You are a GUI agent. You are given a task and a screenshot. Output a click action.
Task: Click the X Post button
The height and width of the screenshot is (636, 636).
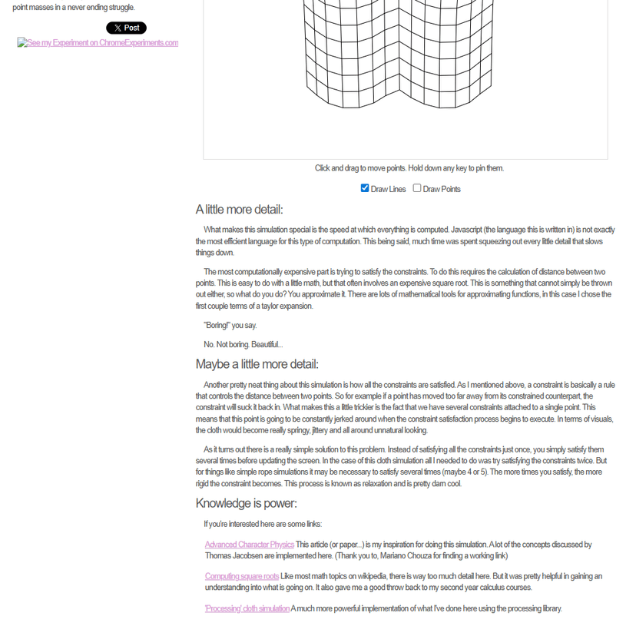coord(126,28)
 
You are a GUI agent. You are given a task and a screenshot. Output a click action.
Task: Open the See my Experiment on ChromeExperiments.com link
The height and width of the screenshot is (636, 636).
coord(98,43)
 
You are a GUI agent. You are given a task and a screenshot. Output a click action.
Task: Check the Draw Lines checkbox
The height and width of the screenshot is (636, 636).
coord(365,188)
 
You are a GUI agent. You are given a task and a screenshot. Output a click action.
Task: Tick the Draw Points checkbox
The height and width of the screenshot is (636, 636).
coord(417,188)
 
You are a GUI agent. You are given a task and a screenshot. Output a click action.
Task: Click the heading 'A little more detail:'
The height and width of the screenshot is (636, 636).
coord(239,210)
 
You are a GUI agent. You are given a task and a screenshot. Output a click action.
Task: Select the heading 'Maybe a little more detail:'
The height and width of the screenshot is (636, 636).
coord(257,364)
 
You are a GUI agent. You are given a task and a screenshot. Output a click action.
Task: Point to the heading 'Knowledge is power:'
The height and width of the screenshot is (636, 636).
coord(246,503)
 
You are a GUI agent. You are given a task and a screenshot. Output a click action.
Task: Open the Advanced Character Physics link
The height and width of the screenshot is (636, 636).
coord(249,545)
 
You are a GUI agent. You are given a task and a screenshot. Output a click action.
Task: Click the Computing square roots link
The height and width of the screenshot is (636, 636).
coord(242,576)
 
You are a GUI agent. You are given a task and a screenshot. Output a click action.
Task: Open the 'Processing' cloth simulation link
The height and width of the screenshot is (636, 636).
coord(247,608)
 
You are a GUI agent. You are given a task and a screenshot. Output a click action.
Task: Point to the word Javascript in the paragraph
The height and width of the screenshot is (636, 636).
coord(467,230)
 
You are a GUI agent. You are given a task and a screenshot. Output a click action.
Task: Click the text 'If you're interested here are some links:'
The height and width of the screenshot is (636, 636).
coord(263,525)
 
